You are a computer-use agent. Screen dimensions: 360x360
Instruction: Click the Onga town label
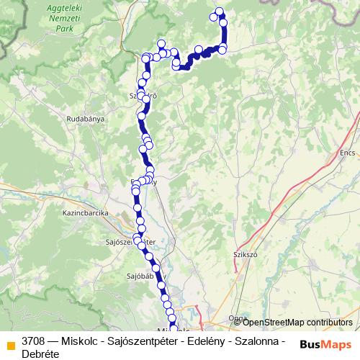click(238, 318)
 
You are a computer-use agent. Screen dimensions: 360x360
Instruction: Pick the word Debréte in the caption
click(40, 354)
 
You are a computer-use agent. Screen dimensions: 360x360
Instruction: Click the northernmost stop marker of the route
click(220, 11)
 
